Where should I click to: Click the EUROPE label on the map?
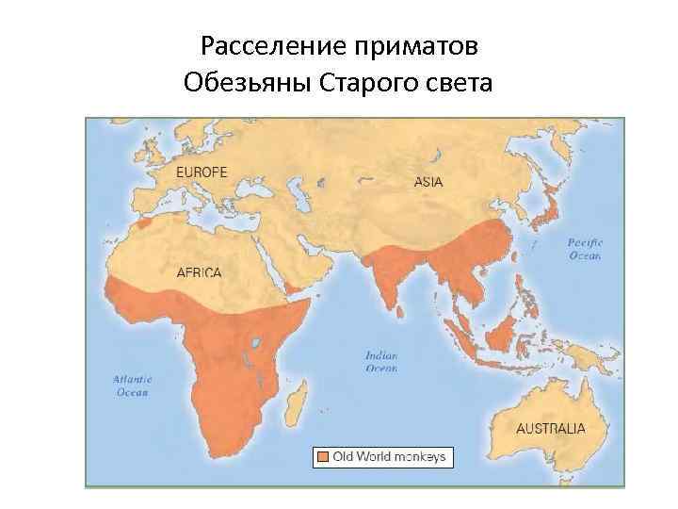202,172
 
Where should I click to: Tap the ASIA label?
428,182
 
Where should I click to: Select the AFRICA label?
200,272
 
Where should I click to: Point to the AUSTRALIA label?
551,428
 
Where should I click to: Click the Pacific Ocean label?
584,249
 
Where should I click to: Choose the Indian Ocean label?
381,361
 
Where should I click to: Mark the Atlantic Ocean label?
133,386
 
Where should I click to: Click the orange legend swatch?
323,457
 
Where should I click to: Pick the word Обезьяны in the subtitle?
249,85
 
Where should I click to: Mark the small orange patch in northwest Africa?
142,223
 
